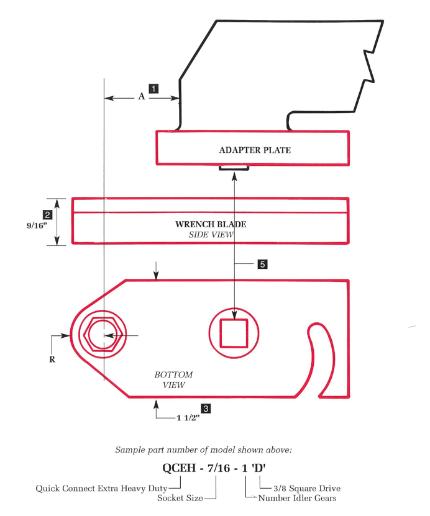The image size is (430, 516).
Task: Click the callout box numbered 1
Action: point(153,88)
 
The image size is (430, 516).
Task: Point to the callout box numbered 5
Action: point(262,264)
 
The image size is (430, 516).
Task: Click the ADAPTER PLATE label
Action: point(255,150)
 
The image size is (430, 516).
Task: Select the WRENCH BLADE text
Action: point(211,224)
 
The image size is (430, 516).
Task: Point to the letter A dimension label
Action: point(141,97)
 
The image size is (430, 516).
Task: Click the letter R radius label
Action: point(52,358)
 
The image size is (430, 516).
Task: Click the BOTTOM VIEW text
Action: point(173,380)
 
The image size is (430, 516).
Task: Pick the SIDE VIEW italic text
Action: point(211,235)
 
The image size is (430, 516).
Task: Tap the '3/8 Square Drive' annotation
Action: point(307,488)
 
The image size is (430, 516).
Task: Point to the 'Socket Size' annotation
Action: point(179,498)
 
